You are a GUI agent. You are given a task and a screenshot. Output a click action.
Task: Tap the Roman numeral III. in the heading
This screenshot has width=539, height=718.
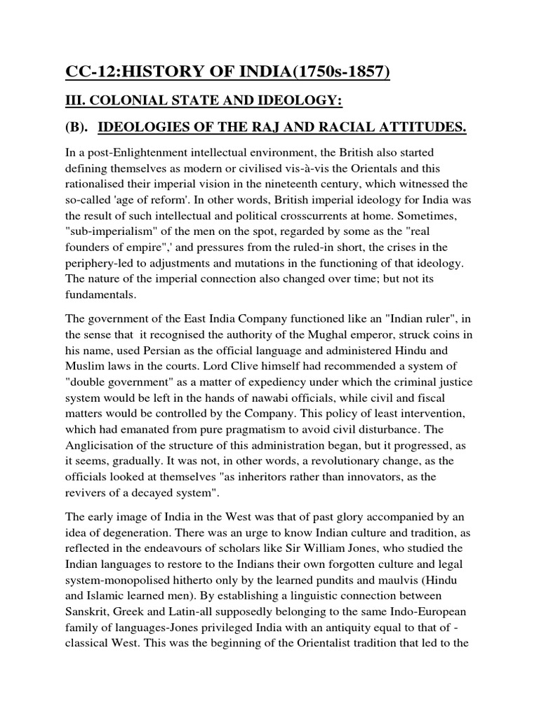click(71, 102)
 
